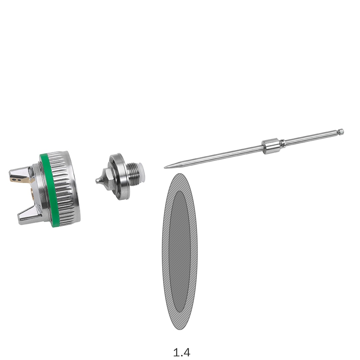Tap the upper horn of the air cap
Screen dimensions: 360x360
pos(20,176)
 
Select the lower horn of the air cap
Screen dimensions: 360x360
pos(29,215)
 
